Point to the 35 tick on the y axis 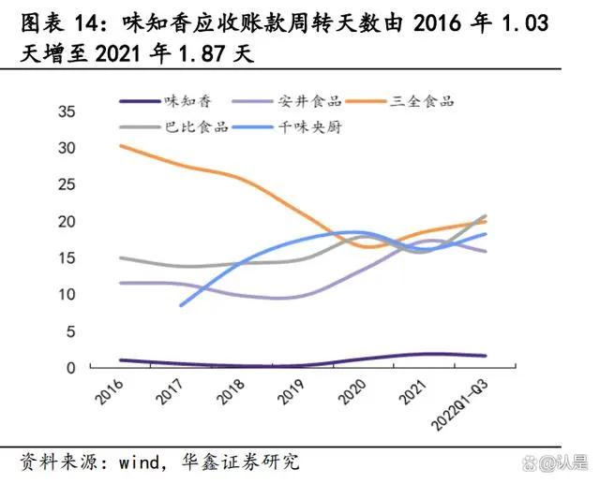[67, 111]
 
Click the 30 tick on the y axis [67, 148]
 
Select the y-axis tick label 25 [67, 184]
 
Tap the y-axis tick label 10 [67, 295]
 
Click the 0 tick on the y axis [70, 368]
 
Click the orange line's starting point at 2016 [120, 145]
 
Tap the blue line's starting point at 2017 [181, 305]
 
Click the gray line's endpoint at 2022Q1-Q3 [486, 215]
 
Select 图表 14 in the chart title [58, 21]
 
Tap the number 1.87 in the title [206, 53]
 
